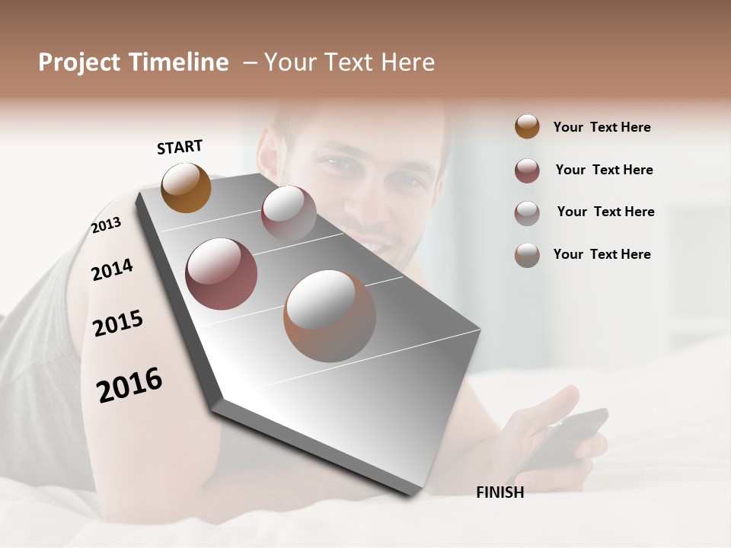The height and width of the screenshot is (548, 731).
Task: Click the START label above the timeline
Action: (x=180, y=147)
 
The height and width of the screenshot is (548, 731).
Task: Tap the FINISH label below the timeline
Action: (x=500, y=492)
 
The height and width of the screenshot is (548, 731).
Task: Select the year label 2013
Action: (x=106, y=225)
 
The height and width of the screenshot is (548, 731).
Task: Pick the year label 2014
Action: (x=112, y=269)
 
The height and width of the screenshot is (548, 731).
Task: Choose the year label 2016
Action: (x=129, y=385)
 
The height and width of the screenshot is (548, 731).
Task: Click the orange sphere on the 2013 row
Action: (x=186, y=187)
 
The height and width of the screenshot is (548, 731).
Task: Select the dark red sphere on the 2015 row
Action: (x=222, y=274)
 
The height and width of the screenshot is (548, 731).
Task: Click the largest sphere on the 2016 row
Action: (x=330, y=315)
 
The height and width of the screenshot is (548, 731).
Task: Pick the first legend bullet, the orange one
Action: (x=527, y=126)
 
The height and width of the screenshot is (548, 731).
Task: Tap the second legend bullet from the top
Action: (x=527, y=170)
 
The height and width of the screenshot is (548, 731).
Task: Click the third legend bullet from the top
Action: (x=527, y=213)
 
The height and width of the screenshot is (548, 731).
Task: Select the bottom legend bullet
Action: (x=527, y=255)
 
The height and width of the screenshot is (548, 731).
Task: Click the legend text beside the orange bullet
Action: (x=602, y=127)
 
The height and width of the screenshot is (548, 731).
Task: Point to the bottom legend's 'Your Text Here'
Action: (x=602, y=254)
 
